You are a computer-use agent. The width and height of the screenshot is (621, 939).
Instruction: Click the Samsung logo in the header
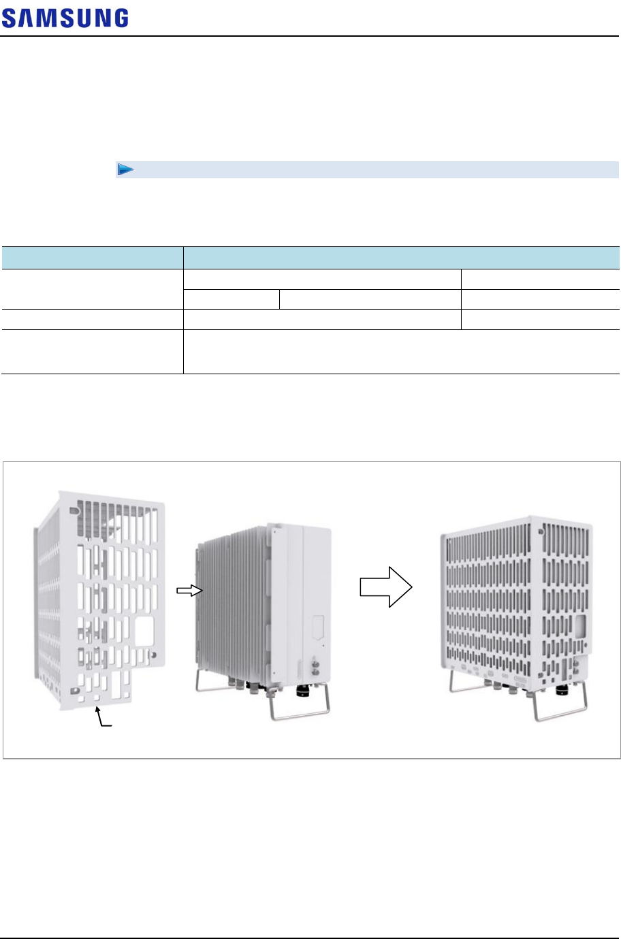65,18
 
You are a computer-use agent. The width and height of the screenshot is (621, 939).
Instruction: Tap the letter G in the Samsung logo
120,18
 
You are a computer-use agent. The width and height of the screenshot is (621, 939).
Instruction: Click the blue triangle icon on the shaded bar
124,169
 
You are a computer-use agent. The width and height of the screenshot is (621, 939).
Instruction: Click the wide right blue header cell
402,258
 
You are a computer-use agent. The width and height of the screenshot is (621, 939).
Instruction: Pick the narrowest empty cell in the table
232,299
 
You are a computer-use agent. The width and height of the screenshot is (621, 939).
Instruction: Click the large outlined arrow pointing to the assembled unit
386,586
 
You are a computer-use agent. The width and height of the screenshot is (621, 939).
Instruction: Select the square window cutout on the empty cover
144,631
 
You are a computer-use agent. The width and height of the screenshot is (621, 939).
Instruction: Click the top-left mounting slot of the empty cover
70,508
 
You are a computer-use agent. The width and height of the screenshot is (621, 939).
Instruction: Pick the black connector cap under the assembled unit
562,690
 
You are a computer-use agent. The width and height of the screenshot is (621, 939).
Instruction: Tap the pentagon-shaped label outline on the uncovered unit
317,627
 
